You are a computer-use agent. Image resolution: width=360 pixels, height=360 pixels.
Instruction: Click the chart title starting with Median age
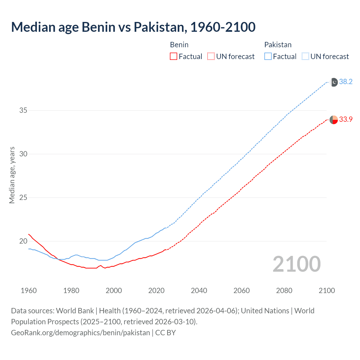pyautogui.click(x=133, y=27)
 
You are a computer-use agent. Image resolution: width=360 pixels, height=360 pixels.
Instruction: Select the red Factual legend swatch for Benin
pyautogui.click(x=174, y=57)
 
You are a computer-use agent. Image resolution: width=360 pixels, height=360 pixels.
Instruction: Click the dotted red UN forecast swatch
pyautogui.click(x=211, y=57)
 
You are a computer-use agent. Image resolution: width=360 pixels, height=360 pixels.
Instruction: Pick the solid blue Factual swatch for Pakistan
pyautogui.click(x=268, y=57)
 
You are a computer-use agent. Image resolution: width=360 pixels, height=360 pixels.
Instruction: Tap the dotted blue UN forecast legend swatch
pyautogui.click(x=305, y=57)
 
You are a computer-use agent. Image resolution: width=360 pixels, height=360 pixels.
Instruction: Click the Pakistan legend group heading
pyautogui.click(x=278, y=45)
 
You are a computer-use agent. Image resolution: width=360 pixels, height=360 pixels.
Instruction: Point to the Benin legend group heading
pyautogui.click(x=179, y=45)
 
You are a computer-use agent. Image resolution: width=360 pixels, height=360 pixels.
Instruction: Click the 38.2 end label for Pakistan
pyautogui.click(x=346, y=82)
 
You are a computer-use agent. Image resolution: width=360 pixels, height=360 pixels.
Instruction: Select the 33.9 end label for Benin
pyautogui.click(x=346, y=120)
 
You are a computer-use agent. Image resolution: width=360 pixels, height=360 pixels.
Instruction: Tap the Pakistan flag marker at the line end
pyautogui.click(x=334, y=82)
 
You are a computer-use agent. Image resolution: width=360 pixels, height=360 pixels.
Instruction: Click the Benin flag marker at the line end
pyautogui.click(x=334, y=120)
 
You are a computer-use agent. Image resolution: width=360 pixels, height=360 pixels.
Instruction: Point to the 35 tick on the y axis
pyautogui.click(x=23, y=111)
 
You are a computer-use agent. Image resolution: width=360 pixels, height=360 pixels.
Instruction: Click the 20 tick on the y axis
pyautogui.click(x=23, y=241)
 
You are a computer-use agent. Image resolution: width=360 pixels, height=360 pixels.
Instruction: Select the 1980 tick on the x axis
pyautogui.click(x=71, y=291)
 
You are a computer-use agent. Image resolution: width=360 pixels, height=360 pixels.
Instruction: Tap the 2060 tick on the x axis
pyautogui.click(x=242, y=291)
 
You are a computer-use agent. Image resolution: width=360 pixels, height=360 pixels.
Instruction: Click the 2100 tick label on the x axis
pyautogui.click(x=327, y=291)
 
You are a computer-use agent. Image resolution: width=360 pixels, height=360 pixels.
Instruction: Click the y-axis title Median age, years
pyautogui.click(x=12, y=175)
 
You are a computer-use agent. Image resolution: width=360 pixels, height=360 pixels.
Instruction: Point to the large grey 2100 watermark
pyautogui.click(x=296, y=264)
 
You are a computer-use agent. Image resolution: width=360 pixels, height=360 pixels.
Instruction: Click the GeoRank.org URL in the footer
pyautogui.click(x=80, y=333)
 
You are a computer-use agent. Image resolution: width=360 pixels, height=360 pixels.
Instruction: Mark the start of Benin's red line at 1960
pyautogui.click(x=29, y=234)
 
